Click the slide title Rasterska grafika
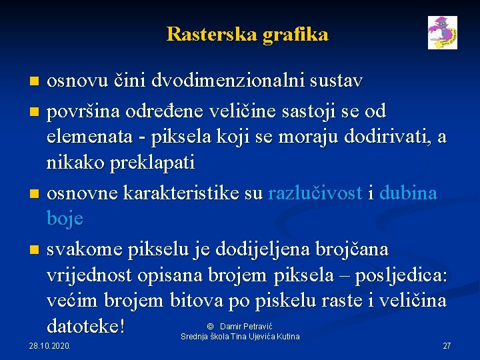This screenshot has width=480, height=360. click(247, 34)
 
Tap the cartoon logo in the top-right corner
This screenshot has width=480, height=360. click(443, 33)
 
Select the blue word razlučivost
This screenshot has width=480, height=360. click(315, 193)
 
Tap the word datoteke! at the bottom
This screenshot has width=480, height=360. click(87, 327)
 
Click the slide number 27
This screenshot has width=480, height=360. click(447, 346)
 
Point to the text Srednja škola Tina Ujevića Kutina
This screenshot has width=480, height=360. click(240, 336)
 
